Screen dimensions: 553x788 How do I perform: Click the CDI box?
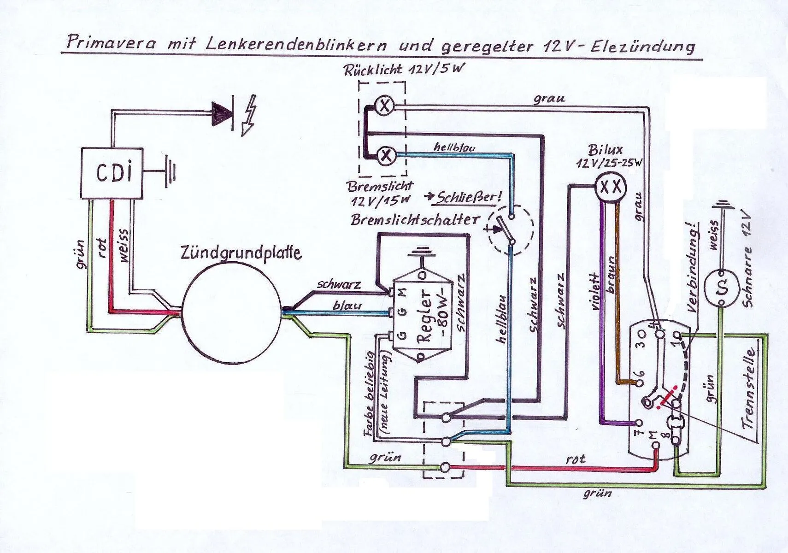[112, 173]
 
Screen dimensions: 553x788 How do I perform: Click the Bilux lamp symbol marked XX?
[612, 187]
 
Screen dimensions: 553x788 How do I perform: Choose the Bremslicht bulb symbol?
[386, 155]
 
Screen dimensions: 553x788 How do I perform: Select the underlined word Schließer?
[467, 198]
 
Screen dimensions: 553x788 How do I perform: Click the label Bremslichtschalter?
[415, 219]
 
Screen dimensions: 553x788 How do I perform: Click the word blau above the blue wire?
[347, 306]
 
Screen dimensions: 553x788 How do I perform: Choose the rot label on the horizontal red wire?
[576, 459]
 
